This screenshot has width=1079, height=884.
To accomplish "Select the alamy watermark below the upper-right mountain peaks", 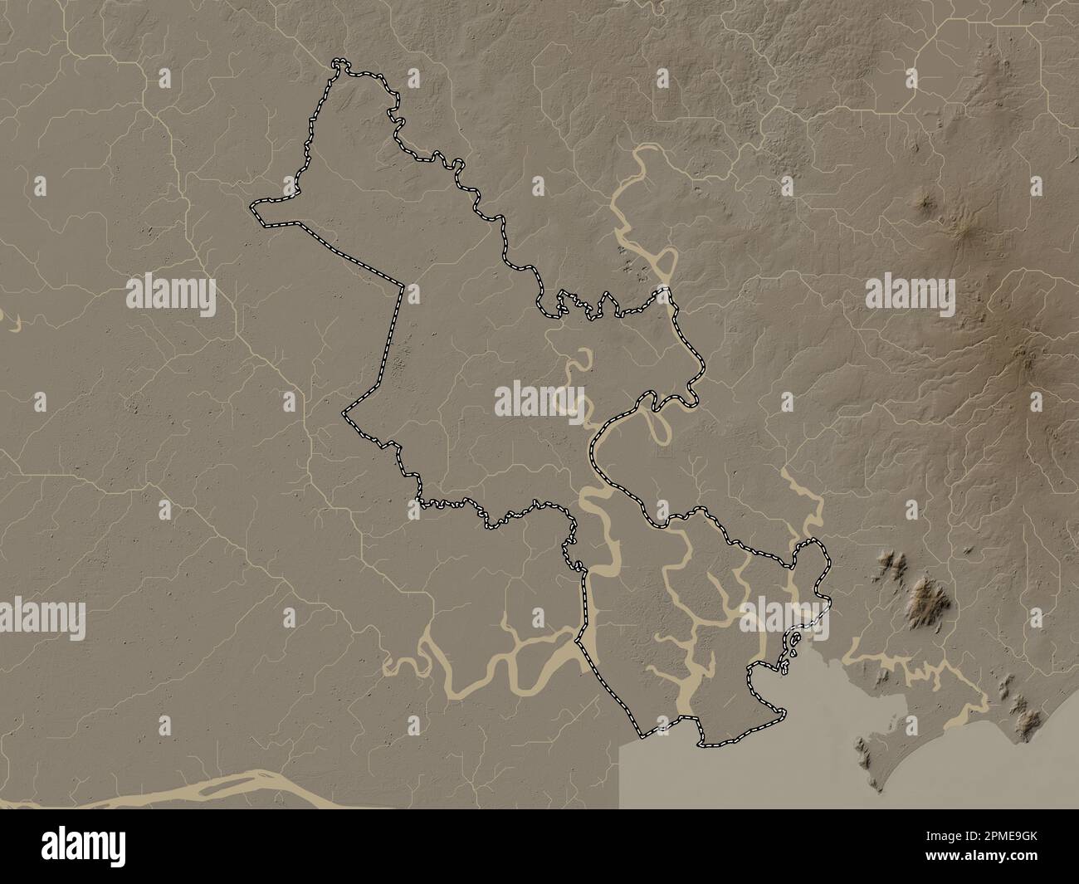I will pos(910,293).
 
